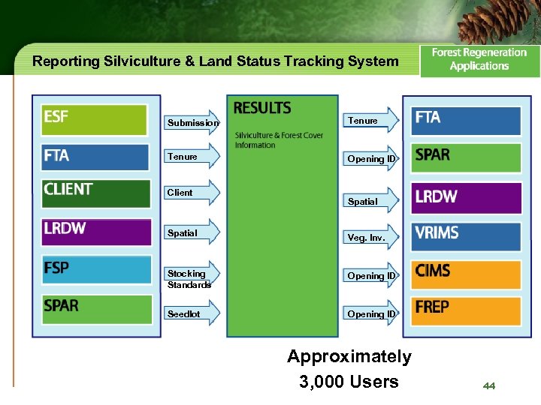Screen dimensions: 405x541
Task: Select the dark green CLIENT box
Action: (x=95, y=193)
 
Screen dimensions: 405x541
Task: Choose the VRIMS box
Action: (x=465, y=234)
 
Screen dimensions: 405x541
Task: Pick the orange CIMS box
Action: (x=465, y=272)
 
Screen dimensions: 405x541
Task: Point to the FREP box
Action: (x=465, y=309)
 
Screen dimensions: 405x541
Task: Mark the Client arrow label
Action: (x=180, y=193)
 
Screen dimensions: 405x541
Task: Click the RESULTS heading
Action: (x=262, y=109)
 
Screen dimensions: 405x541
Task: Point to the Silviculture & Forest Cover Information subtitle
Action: (x=279, y=140)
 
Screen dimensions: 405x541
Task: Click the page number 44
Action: (x=489, y=385)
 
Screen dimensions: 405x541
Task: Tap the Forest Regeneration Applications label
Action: (x=479, y=59)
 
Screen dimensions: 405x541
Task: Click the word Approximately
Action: (x=349, y=357)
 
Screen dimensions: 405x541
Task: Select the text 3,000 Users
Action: (x=349, y=382)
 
